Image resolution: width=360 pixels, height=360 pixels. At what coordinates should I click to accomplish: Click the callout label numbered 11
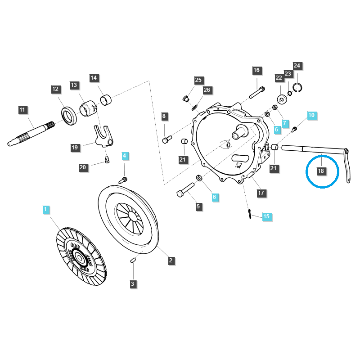coord(23,109)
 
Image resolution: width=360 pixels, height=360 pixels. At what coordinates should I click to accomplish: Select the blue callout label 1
coord(45,209)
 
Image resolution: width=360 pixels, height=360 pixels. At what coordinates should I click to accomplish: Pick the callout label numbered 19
coord(75,147)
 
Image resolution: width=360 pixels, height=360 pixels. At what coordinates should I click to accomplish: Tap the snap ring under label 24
coord(297,87)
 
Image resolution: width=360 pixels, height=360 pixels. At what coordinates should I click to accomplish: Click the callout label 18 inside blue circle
coord(321,171)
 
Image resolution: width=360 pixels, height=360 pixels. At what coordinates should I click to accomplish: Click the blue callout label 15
coord(266,216)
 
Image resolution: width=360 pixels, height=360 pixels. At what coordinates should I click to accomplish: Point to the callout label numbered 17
coord(261,193)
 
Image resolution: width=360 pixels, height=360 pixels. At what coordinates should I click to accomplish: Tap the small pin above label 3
coord(133,260)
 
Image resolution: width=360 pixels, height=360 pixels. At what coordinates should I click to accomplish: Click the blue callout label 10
coord(311,115)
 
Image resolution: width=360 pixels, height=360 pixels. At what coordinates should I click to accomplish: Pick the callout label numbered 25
coord(198,80)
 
